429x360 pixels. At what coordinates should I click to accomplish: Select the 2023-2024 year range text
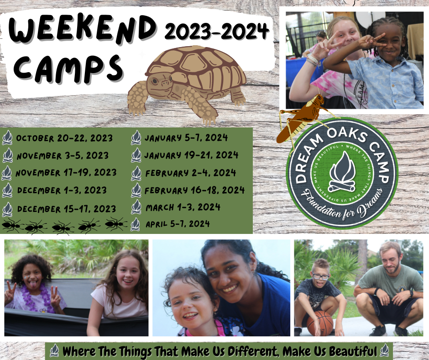click(216, 31)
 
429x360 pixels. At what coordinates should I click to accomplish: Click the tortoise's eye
click(155, 81)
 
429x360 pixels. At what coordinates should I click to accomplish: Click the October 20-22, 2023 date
click(64, 138)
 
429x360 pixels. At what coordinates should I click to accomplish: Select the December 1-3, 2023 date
click(62, 190)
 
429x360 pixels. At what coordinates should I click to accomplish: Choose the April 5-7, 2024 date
click(178, 224)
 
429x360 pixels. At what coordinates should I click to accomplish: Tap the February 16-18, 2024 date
click(194, 190)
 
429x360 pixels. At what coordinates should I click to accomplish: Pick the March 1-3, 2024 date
click(183, 207)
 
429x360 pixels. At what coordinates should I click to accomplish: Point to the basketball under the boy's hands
click(320, 323)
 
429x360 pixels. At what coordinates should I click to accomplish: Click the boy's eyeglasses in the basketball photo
click(321, 276)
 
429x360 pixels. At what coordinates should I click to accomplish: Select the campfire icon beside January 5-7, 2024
click(136, 137)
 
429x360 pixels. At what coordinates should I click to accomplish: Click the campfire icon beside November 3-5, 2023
click(8, 155)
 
